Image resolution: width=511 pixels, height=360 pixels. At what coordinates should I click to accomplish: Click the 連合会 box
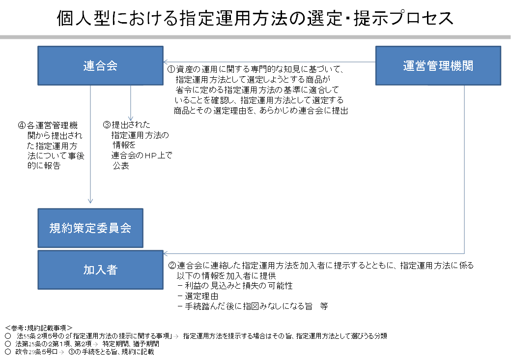[x=100, y=66]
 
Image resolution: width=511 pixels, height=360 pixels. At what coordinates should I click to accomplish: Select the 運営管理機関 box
[x=438, y=66]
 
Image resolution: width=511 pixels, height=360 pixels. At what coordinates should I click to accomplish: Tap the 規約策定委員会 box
[x=90, y=228]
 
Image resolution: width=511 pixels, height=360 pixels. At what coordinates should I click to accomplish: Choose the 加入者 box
[x=100, y=270]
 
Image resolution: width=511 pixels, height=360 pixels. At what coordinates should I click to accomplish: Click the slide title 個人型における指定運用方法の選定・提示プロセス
[x=255, y=18]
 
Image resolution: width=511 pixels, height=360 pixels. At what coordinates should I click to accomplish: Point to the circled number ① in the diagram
[x=170, y=70]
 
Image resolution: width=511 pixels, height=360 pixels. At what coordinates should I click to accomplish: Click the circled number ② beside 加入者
[x=172, y=266]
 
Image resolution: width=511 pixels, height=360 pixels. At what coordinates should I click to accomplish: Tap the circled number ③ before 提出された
[x=107, y=125]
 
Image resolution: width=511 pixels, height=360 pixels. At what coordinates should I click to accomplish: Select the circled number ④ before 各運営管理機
[x=21, y=125]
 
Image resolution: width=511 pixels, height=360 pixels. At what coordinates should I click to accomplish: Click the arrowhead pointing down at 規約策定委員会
[x=90, y=201]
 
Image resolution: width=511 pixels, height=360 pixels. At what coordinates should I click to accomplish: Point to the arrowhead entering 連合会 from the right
[x=166, y=62]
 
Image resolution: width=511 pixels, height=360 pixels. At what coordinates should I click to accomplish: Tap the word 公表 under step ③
[x=121, y=166]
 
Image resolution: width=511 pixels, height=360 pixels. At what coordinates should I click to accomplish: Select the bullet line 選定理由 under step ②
[x=194, y=296]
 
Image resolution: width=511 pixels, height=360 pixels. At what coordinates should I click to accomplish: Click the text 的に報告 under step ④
[x=44, y=166]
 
